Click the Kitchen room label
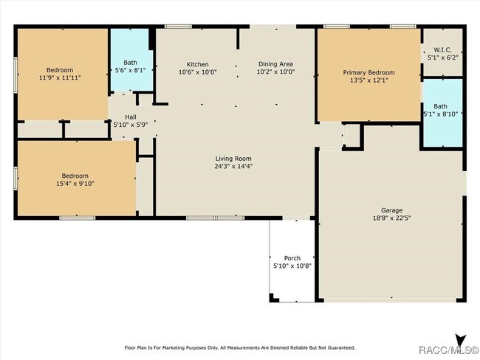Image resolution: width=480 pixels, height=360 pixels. point(197,64)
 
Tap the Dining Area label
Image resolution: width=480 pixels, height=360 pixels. point(275,64)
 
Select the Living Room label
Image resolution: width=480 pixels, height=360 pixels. point(233,159)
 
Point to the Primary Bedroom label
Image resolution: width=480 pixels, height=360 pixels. point(368,72)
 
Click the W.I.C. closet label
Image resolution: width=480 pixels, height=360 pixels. point(442,49)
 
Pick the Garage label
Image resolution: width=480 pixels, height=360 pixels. point(391,210)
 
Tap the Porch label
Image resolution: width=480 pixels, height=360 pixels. point(292,258)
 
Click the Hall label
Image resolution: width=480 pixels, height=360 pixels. point(131,117)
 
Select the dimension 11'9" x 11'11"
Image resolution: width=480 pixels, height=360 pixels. point(60,77)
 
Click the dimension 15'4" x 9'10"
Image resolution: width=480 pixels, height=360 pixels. point(75,184)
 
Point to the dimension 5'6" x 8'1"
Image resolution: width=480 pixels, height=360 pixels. point(130,70)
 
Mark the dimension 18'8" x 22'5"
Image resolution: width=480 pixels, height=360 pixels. point(391,218)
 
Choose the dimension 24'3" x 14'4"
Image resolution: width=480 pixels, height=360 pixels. point(233,167)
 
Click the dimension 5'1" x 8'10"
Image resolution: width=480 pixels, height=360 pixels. point(441,114)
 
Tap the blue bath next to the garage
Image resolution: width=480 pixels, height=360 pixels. point(442,113)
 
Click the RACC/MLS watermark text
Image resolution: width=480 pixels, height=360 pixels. point(448,350)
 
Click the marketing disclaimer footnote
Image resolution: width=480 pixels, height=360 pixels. point(240,347)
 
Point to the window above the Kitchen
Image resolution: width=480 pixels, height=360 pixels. point(178,27)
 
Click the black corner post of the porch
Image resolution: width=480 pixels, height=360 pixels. point(273,298)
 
